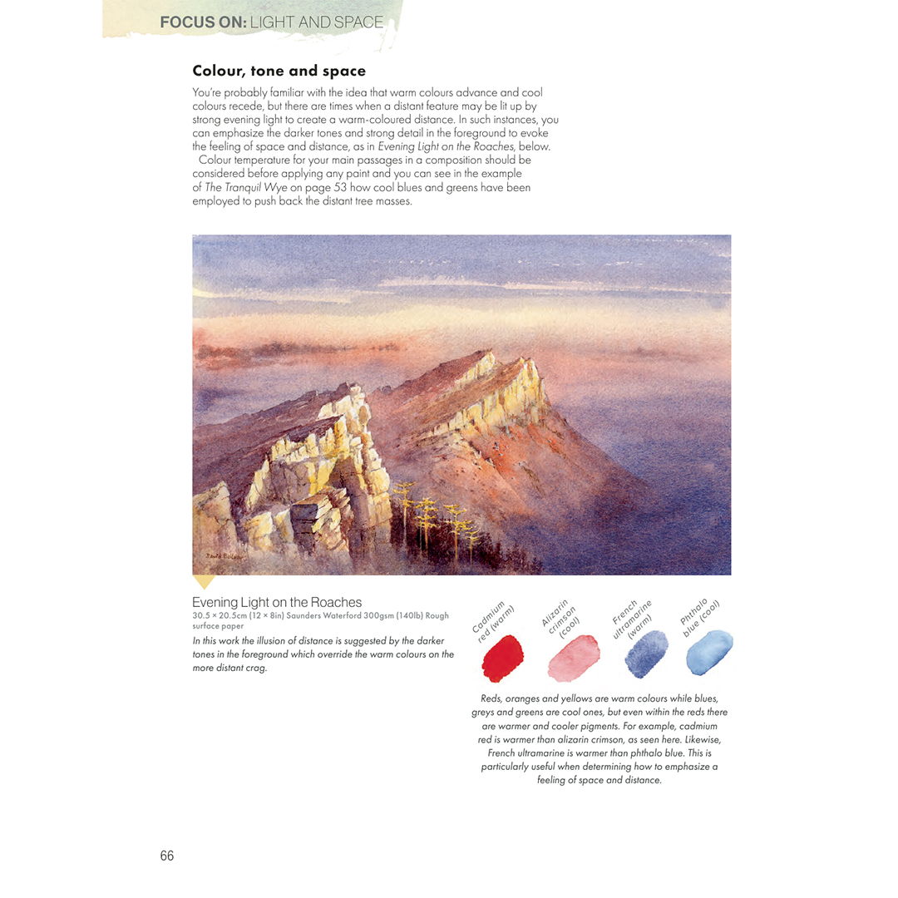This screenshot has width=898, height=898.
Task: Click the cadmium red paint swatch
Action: [502, 658]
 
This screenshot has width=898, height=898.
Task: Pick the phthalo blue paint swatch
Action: [709, 654]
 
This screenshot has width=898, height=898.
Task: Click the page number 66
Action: [167, 856]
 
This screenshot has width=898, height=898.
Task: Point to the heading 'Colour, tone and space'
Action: [279, 71]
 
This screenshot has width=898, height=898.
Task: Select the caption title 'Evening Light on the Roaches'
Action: [277, 602]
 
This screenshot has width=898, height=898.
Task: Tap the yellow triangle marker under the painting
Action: [204, 581]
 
